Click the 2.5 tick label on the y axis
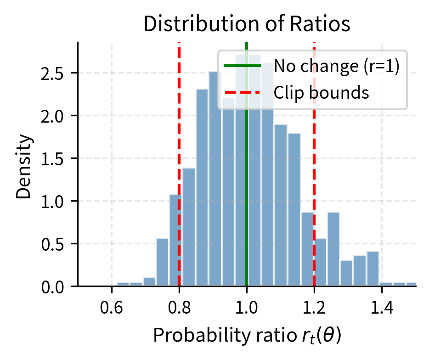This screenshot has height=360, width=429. [x=52, y=73]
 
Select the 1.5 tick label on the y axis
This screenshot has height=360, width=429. [x=52, y=159]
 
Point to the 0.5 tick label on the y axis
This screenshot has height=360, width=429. [x=52, y=244]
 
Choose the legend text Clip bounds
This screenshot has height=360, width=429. [x=322, y=93]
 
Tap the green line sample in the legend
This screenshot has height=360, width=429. [x=242, y=66]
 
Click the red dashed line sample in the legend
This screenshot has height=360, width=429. [x=242, y=93]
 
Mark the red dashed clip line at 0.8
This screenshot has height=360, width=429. [x=179, y=138]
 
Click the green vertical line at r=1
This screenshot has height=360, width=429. [x=247, y=184]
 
